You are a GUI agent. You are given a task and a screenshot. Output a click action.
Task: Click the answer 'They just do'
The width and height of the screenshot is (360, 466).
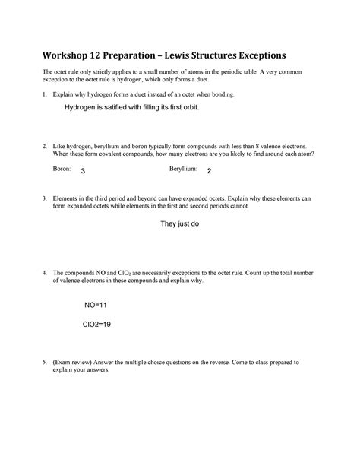coord(180,226)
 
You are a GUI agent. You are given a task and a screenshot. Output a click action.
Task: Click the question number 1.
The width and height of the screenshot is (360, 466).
coord(45,94)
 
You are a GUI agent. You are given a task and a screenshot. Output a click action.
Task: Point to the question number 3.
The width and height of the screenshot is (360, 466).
coord(45,197)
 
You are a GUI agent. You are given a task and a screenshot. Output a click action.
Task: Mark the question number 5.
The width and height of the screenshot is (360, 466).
coord(45,363)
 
